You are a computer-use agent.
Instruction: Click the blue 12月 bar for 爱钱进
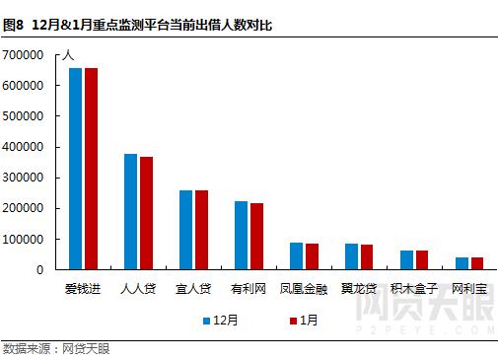tap(75, 169)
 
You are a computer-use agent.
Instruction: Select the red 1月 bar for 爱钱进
tap(91, 169)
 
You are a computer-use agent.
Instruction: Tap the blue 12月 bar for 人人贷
tap(130, 211)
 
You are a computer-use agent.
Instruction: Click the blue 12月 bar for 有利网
tap(241, 235)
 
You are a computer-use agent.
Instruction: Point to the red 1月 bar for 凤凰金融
tap(312, 256)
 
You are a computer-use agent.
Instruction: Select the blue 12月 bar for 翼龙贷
tap(351, 256)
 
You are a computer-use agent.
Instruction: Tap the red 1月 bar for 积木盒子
tap(422, 259)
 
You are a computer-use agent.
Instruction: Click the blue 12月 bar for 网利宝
tap(462, 263)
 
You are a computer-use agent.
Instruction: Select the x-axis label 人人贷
tap(138, 289)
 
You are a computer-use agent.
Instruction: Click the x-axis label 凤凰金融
tap(304, 289)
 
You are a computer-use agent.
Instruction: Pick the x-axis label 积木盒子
tap(414, 289)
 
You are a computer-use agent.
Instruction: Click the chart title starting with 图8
tap(138, 24)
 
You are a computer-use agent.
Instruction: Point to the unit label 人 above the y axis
tap(67, 55)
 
